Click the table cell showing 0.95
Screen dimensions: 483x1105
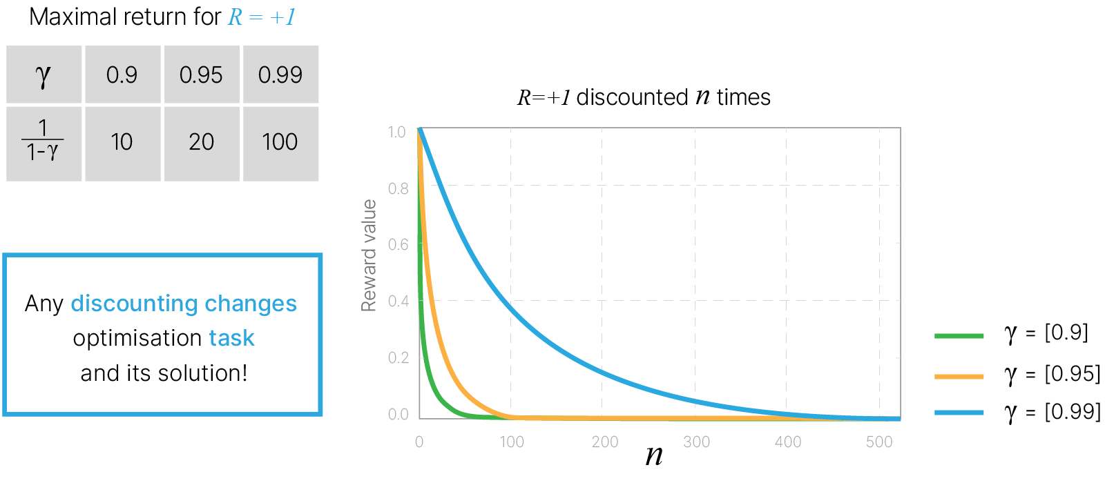[201, 75]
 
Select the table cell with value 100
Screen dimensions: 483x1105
[280, 142]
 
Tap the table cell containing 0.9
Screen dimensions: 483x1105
[122, 75]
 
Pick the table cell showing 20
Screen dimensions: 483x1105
[201, 142]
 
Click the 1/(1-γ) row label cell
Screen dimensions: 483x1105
[44, 142]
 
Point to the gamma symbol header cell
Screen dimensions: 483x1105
[44, 75]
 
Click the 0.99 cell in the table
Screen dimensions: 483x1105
[280, 75]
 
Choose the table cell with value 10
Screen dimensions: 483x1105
[122, 142]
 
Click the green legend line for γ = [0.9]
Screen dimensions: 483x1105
[959, 336]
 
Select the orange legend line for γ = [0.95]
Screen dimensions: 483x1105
[959, 376]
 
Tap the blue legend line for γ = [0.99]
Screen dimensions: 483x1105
[959, 413]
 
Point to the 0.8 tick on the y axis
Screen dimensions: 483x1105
[398, 188]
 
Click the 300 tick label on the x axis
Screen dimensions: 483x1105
[696, 442]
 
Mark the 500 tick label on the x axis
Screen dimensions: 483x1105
[879, 442]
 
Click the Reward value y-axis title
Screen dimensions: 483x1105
[369, 255]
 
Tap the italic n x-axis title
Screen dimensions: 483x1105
[654, 455]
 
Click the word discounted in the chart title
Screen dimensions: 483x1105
[632, 97]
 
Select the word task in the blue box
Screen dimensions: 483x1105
[232, 338]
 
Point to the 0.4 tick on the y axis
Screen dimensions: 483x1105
[398, 301]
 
